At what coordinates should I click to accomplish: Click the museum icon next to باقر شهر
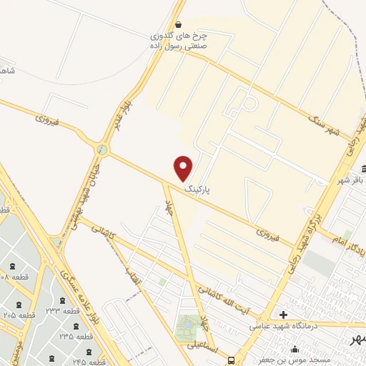[364, 169]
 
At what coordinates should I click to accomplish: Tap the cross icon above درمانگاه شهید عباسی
[284, 315]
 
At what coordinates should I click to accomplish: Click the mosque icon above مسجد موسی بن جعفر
[295, 350]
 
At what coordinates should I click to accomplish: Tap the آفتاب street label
[135, 280]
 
